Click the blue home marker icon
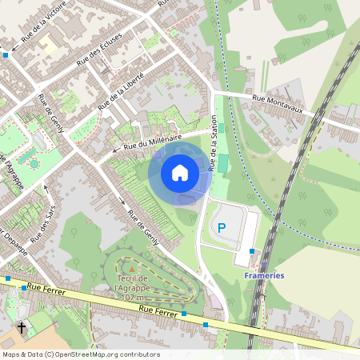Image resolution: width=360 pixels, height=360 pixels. pos(180,173)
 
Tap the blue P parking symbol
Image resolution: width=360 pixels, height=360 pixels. pos(222,228)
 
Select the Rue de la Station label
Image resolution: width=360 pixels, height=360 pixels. pos(214,143)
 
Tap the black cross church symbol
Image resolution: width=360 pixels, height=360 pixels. pos(22,328)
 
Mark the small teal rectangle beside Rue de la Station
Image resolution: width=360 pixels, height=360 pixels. pos(223,163)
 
